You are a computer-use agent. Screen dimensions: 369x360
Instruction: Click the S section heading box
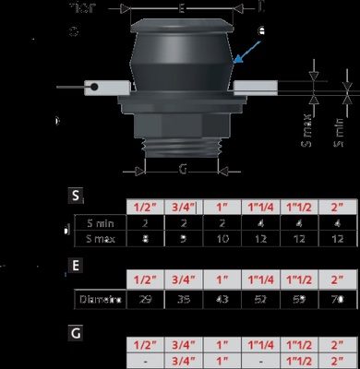click(x=77, y=196)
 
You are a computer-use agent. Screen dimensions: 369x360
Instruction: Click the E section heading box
click(x=77, y=268)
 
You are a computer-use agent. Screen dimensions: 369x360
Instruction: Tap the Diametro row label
click(x=98, y=299)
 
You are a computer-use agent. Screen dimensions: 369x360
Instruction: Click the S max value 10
click(x=222, y=239)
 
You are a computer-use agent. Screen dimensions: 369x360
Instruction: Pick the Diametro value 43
click(x=222, y=299)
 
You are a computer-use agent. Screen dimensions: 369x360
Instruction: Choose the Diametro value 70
click(x=335, y=299)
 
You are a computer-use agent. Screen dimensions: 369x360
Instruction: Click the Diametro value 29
click(x=144, y=299)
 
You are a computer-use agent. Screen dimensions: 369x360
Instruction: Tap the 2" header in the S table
click(x=335, y=207)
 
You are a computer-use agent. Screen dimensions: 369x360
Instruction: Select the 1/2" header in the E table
click(x=144, y=279)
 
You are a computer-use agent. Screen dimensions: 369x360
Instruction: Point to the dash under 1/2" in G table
click(x=144, y=360)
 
